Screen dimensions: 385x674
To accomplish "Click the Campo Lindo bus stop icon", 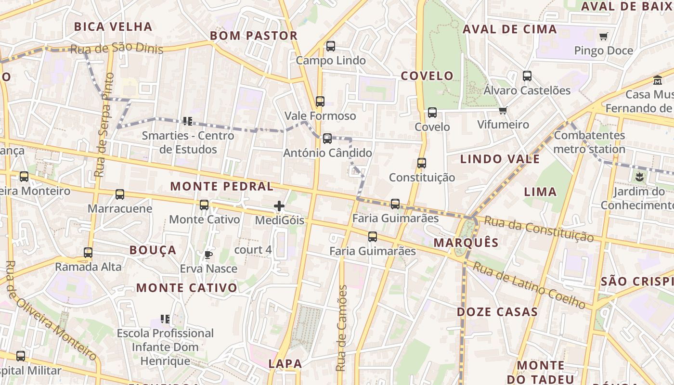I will (331, 46).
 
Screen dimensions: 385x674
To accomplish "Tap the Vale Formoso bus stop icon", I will (320, 102).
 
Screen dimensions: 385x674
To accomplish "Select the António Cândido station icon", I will (327, 139).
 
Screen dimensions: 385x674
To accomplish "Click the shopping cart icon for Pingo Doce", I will (604, 36).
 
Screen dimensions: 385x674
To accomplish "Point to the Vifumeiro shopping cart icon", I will (503, 111).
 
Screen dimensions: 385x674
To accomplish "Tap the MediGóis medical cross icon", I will (279, 206).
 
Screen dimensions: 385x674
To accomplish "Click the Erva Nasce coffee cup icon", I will (208, 255).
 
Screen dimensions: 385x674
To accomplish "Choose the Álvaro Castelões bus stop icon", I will (527, 76).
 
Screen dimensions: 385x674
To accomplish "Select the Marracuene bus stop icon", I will (120, 194).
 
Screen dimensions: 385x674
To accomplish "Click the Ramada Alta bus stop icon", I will (88, 253).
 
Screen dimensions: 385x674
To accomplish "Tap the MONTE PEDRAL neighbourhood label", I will (222, 186).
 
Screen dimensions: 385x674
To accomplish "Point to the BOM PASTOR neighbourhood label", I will (254, 36).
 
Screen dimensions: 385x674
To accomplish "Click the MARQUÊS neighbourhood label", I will (466, 243).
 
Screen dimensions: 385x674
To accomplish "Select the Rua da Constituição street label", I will (539, 229).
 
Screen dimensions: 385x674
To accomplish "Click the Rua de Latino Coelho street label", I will (529, 284).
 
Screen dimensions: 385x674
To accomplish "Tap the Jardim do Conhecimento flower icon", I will (639, 177).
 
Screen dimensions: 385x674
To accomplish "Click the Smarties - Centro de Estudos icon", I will (188, 121).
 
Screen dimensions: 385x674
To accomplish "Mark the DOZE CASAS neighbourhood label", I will (497, 312).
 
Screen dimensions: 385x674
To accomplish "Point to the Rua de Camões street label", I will (341, 328).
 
